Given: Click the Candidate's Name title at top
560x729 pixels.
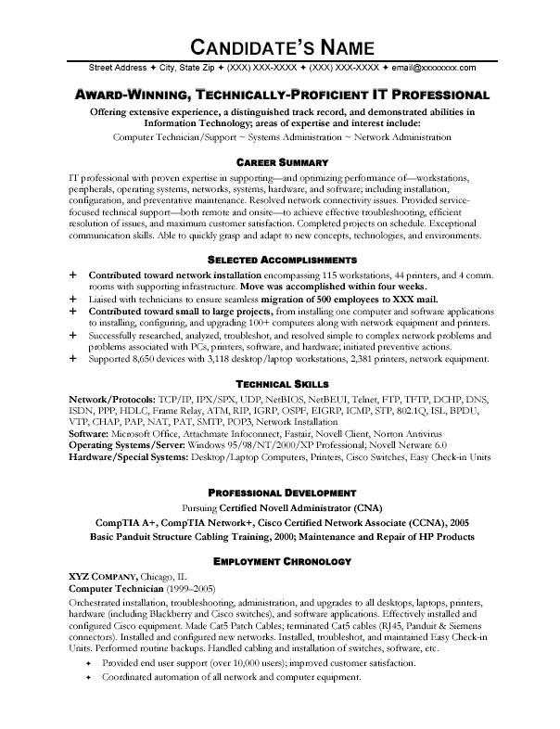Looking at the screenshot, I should click(x=280, y=45).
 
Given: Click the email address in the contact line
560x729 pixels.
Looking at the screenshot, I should click(x=434, y=68).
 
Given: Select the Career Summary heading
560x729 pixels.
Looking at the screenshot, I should click(x=279, y=162).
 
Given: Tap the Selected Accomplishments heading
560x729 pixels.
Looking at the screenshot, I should click(x=279, y=261).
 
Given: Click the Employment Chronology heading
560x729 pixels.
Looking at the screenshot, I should click(x=279, y=561).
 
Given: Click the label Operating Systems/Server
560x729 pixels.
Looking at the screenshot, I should click(x=127, y=445).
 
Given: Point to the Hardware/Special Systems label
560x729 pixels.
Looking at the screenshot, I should click(x=126, y=457).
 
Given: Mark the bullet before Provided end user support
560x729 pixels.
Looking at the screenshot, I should click(x=89, y=665).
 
